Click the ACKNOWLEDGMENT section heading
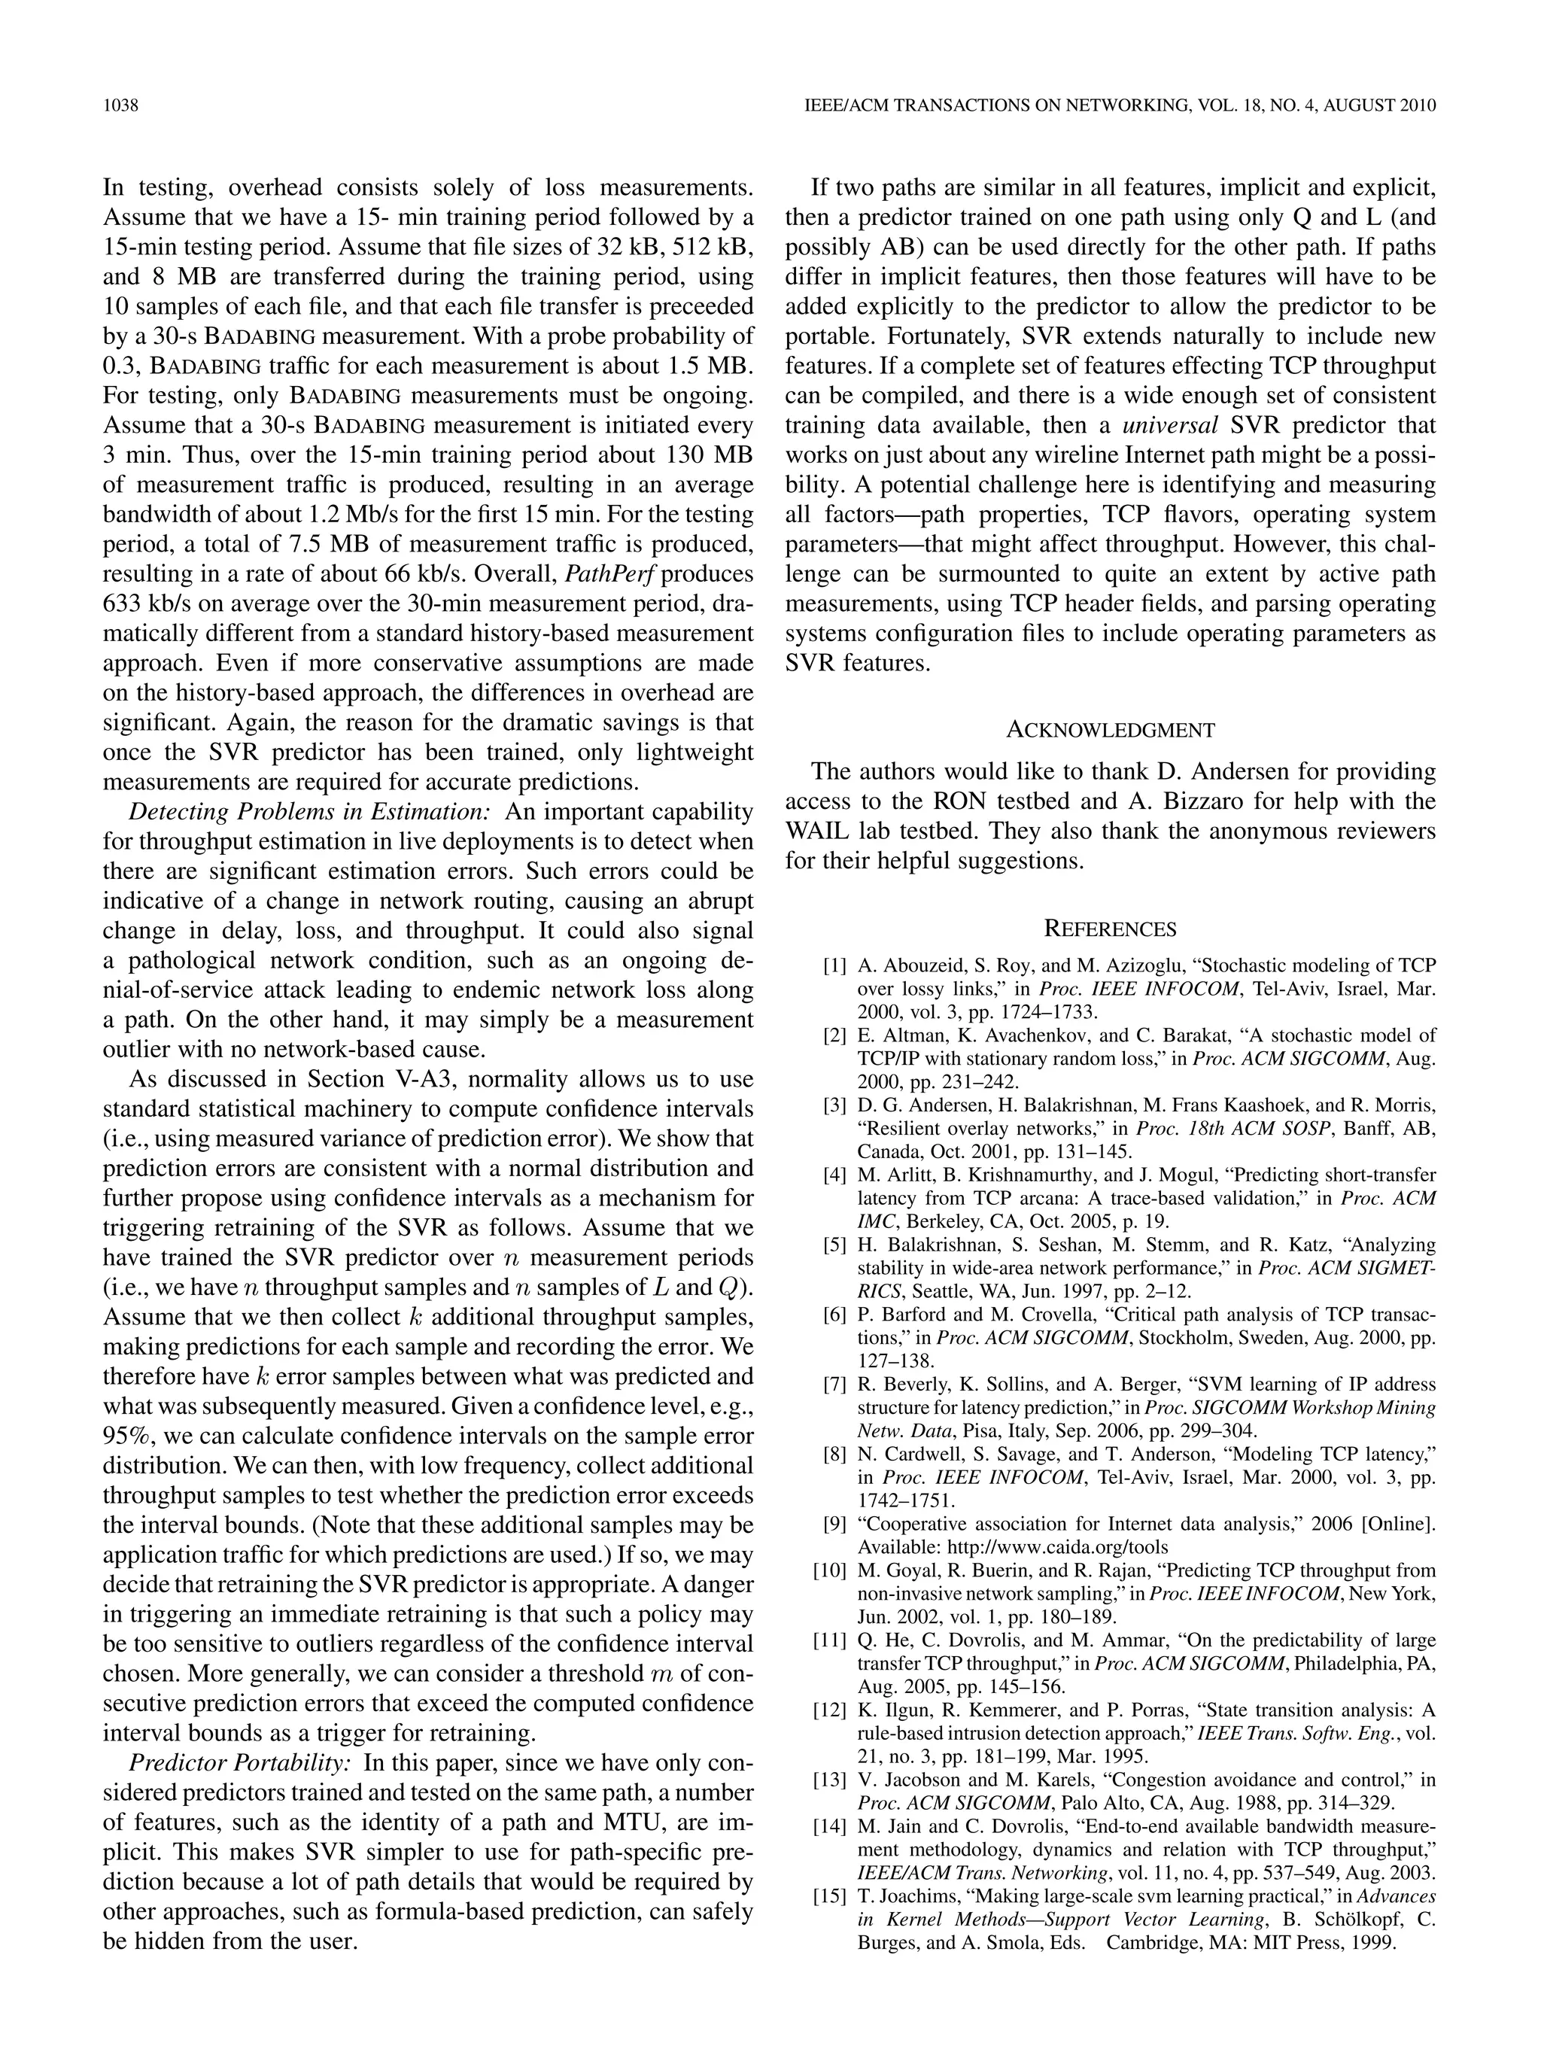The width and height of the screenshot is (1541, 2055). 1110,729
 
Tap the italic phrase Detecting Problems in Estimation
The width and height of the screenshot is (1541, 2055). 309,811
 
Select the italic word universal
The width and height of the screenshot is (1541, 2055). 1170,425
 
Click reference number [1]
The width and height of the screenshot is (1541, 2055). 834,965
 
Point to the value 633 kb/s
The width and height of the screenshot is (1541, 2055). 143,603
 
